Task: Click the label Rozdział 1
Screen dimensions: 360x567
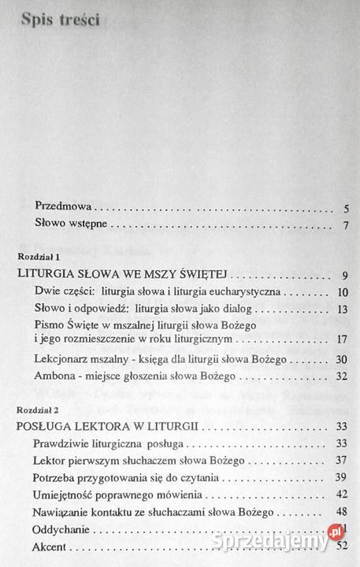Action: pyautogui.click(x=39, y=258)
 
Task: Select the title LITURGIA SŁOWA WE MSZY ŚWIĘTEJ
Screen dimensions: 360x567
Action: pyautogui.click(x=121, y=275)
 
